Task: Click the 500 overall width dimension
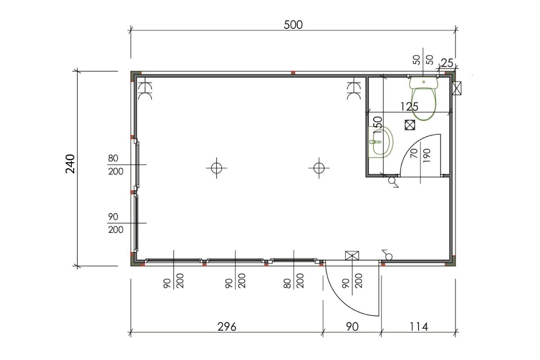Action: pyautogui.click(x=293, y=25)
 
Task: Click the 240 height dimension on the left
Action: pyautogui.click(x=70, y=164)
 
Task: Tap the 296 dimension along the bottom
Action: pyautogui.click(x=226, y=327)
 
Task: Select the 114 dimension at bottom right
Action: pyautogui.click(x=418, y=327)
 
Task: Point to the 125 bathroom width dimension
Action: pyautogui.click(x=409, y=107)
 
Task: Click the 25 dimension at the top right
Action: pyautogui.click(x=447, y=63)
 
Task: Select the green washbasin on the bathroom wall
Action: pyautogui.click(x=381, y=142)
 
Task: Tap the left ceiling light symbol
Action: pyautogui.click(x=216, y=168)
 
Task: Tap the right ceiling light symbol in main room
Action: pyautogui.click(x=319, y=168)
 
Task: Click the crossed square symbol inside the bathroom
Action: pyautogui.click(x=410, y=125)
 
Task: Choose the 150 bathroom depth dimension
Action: pyautogui.click(x=378, y=126)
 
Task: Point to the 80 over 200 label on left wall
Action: pyautogui.click(x=115, y=165)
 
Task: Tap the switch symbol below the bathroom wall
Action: pyautogui.click(x=393, y=182)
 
